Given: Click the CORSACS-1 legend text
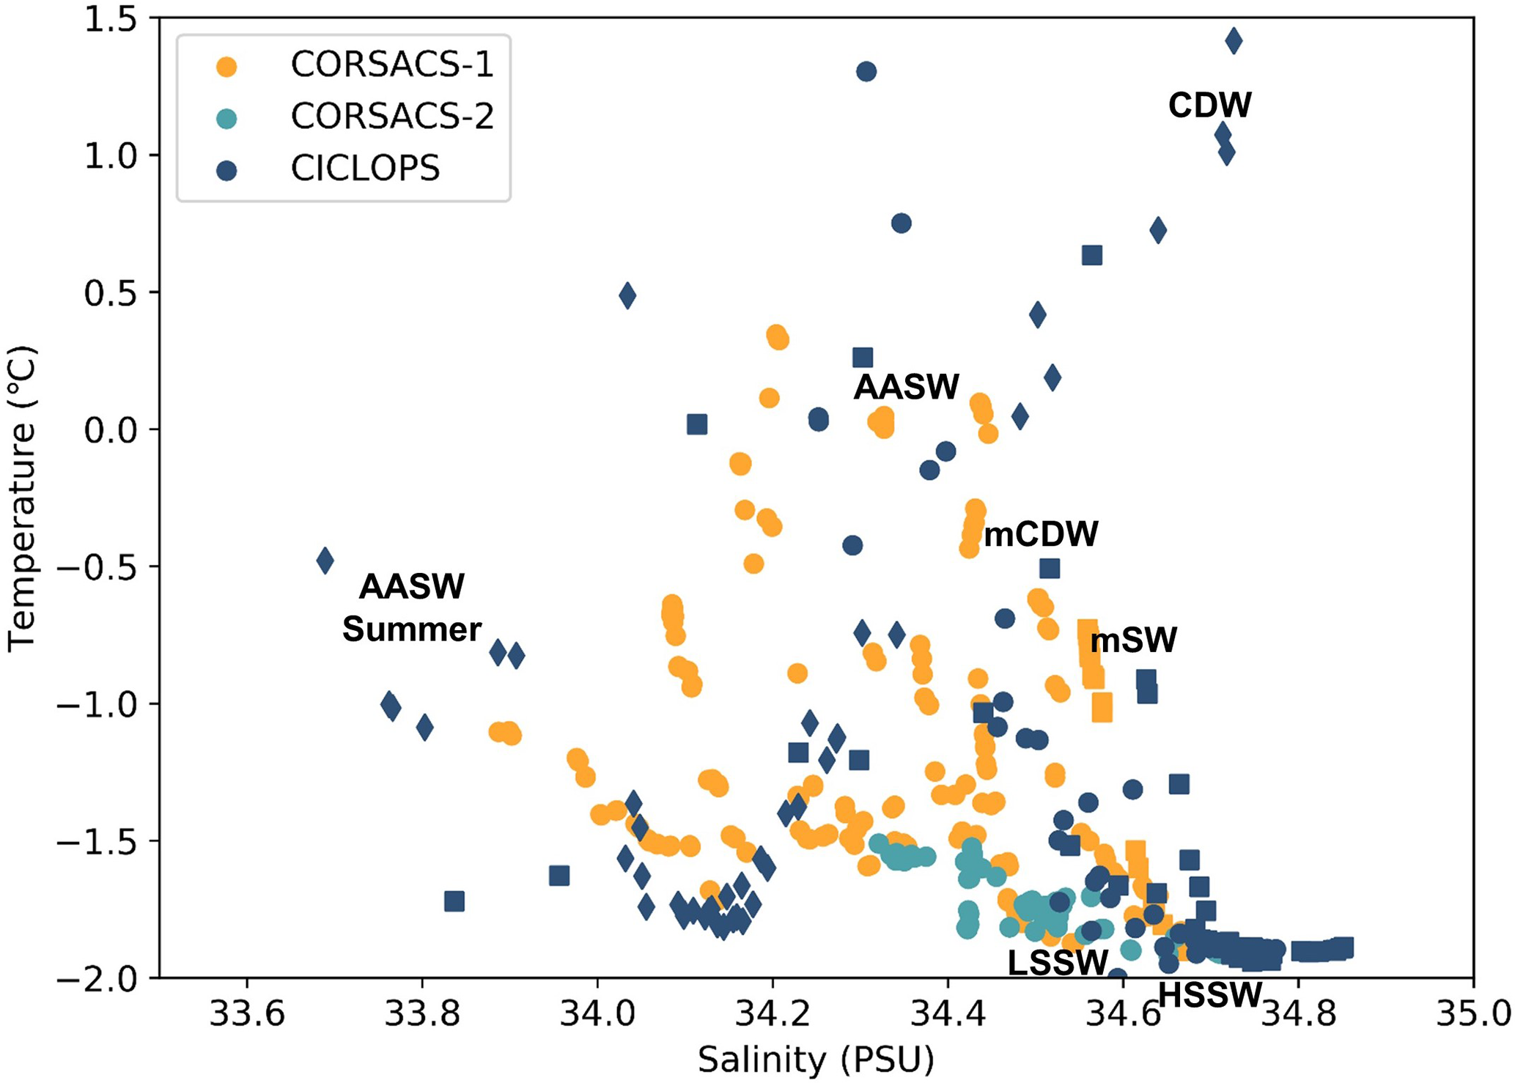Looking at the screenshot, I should point(392,65).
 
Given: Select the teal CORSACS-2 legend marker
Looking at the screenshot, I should point(227,118).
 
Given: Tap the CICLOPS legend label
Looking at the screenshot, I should point(365,169).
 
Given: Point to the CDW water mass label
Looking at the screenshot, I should point(1209,106).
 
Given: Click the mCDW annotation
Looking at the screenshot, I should point(1041,535).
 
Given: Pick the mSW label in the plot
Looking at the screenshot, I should point(1133,640).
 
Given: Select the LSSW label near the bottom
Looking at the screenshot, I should point(1057,963).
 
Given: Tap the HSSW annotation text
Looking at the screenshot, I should point(1210,995).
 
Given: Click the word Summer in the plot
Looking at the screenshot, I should point(412,630).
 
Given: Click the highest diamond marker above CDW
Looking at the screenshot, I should point(1234,40).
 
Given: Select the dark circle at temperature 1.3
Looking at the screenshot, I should point(866,72).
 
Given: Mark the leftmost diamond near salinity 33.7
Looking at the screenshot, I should point(325,561).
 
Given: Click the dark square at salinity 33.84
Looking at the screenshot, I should point(454,901).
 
